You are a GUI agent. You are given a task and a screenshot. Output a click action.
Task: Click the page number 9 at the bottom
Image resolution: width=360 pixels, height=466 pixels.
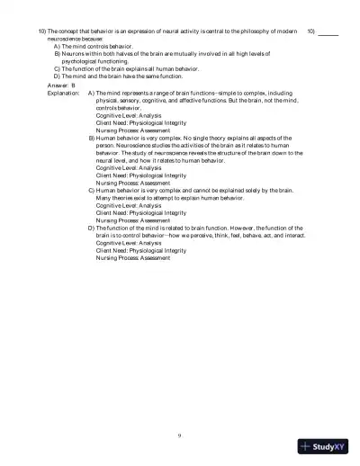pos(180,435)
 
